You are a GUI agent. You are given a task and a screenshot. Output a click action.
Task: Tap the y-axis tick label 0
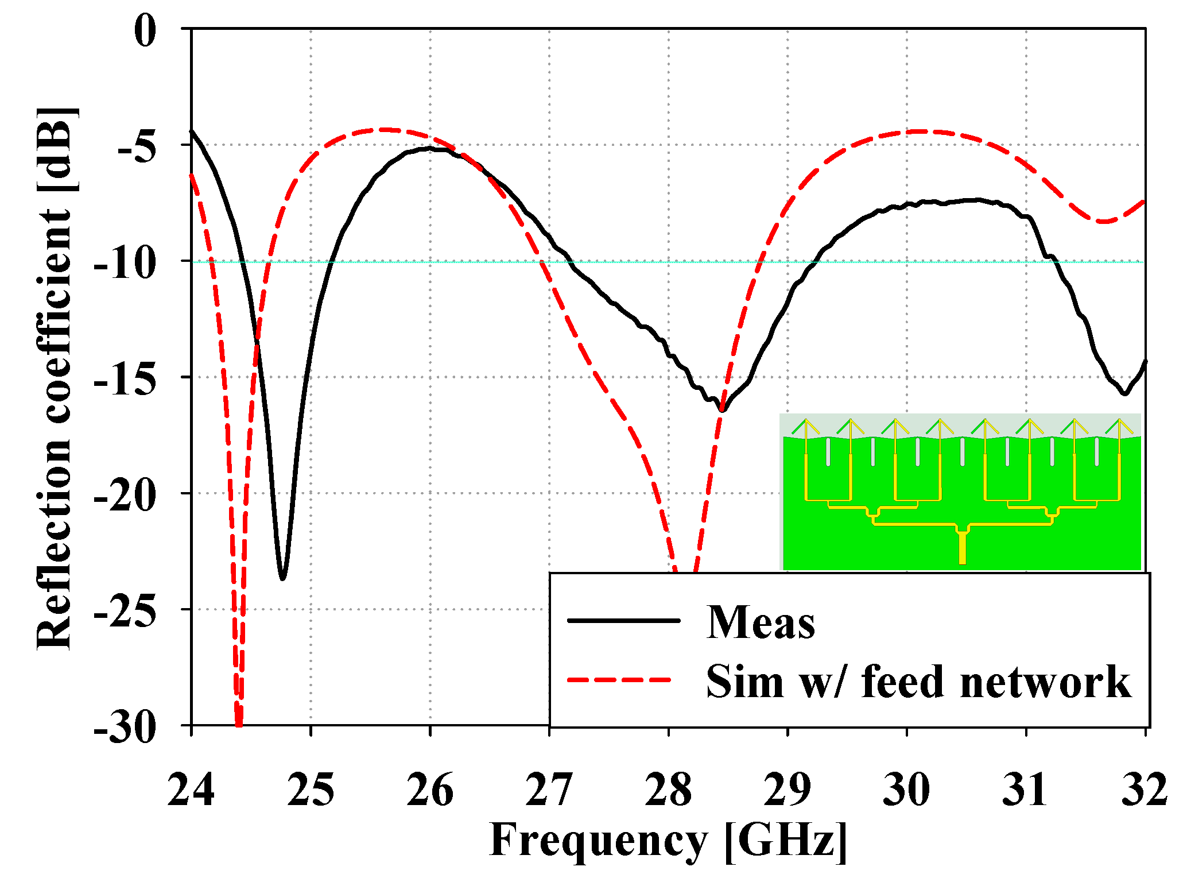(145, 31)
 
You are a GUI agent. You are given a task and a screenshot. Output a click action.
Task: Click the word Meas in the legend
(761, 622)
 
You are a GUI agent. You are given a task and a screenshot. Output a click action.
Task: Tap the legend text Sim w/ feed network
(918, 682)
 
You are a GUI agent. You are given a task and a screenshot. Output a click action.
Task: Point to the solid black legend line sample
(623, 621)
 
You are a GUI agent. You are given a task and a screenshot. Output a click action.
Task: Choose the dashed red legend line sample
(620, 680)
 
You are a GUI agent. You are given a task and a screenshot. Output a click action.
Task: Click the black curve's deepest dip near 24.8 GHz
(282, 578)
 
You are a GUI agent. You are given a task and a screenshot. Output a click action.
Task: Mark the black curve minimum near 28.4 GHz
(722, 410)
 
